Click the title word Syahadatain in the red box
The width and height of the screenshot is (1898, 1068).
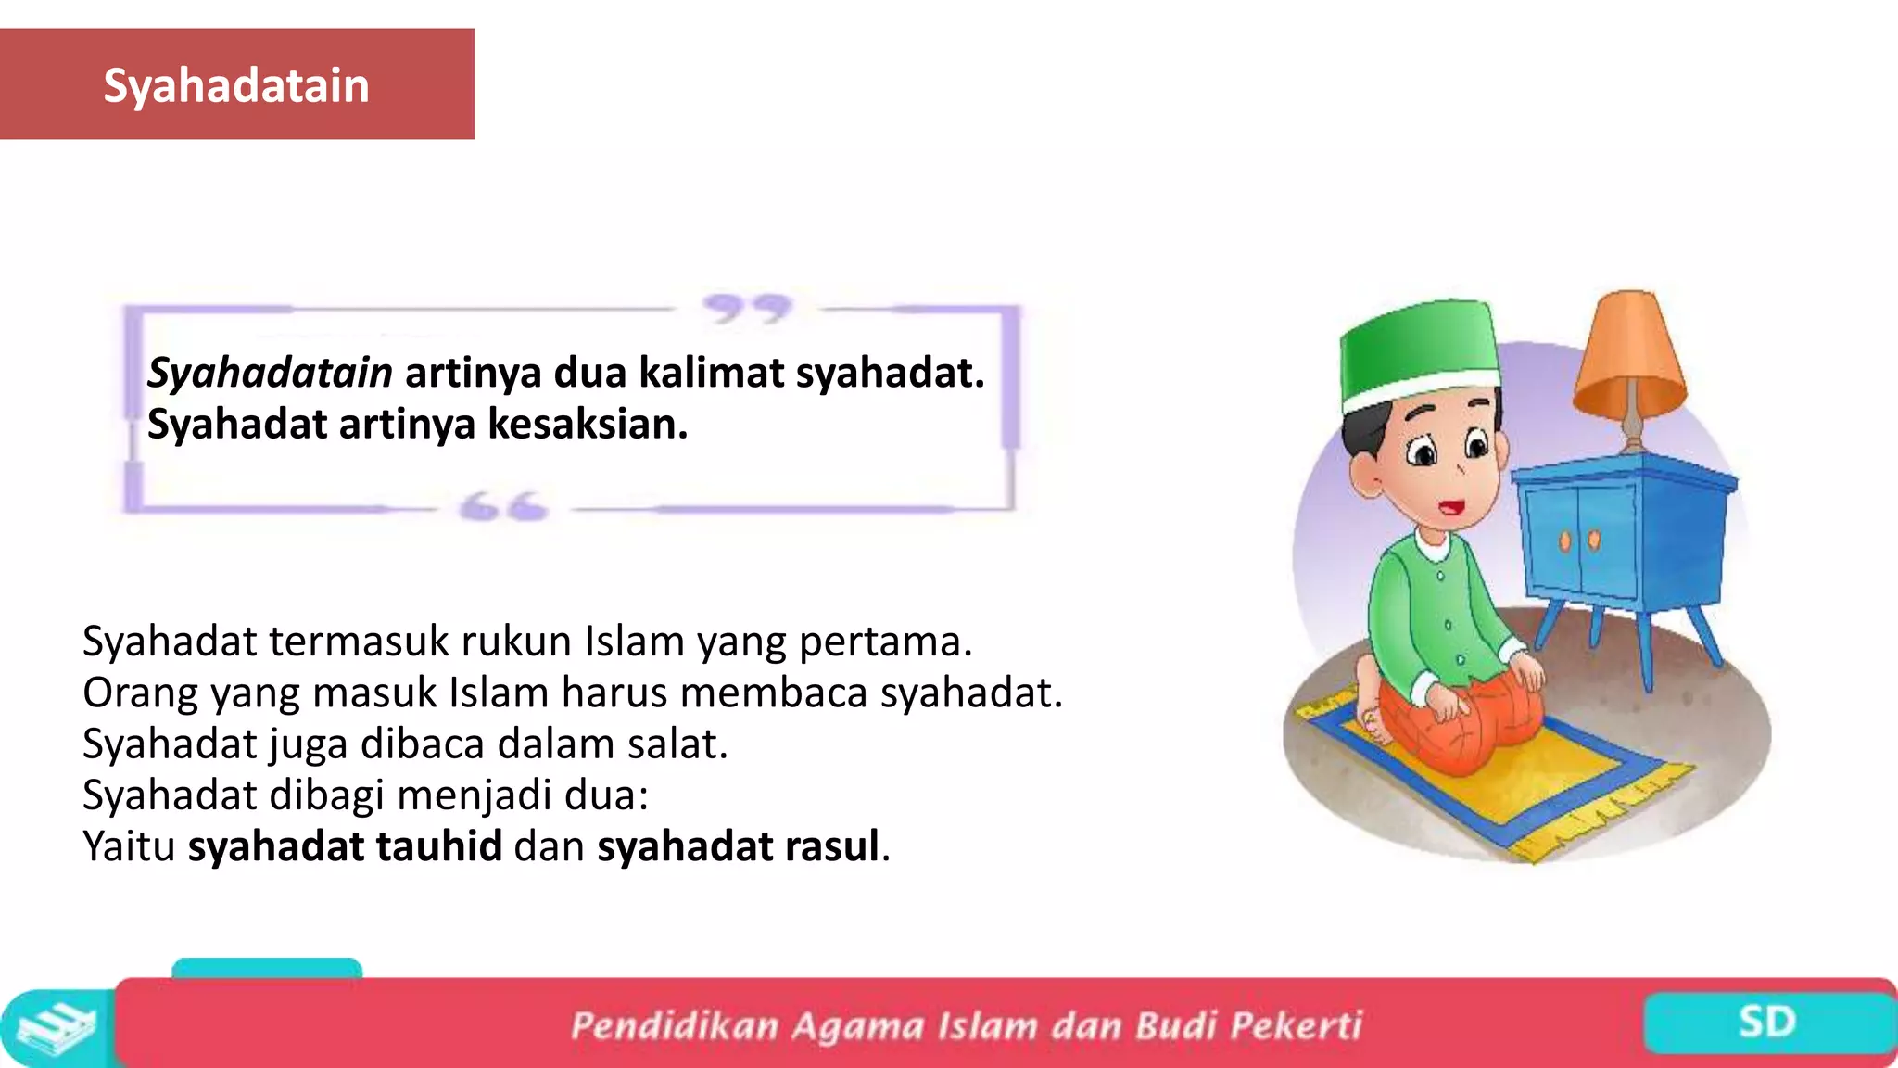pyautogui.click(x=236, y=86)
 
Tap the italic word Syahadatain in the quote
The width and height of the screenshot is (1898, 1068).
pyautogui.click(x=270, y=374)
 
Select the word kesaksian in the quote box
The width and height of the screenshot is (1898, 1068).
pyautogui.click(x=588, y=425)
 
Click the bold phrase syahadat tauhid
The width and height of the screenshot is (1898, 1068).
pyautogui.click(x=345, y=846)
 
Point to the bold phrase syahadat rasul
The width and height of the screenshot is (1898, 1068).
pyautogui.click(x=738, y=846)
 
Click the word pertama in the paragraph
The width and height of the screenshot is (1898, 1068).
pyautogui.click(x=885, y=642)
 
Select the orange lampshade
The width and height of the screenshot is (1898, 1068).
pyautogui.click(x=1630, y=357)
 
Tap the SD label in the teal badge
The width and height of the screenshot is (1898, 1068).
pyautogui.click(x=1766, y=1023)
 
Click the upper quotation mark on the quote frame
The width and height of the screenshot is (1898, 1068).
pyautogui.click(x=746, y=309)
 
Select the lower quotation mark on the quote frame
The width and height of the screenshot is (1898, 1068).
pyautogui.click(x=503, y=507)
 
